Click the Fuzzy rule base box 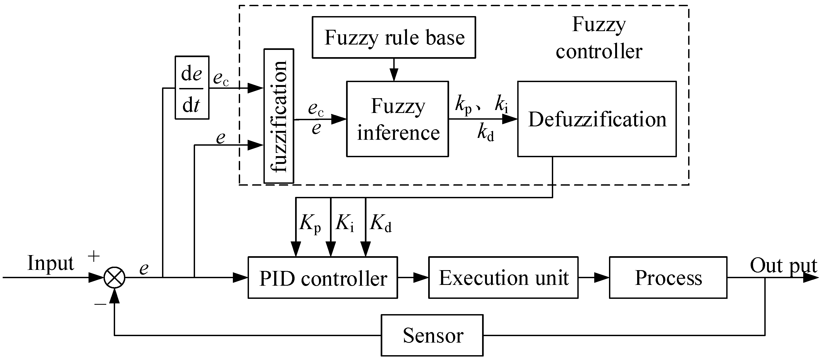pos(394,37)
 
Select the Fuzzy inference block pos(397,119)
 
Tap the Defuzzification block pos(597,119)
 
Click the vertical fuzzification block pos(278,116)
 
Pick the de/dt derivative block pos(192,88)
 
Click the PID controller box pos(323,278)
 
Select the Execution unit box pos(503,278)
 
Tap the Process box pos(668,278)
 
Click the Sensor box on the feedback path pos(432,335)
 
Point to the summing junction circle pos(115,278)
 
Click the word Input pos(50,263)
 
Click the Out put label pos(783,266)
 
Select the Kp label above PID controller pos(310,223)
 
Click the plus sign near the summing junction pos(94,256)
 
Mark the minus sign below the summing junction pos(100,304)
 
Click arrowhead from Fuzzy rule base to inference pos(394,76)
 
